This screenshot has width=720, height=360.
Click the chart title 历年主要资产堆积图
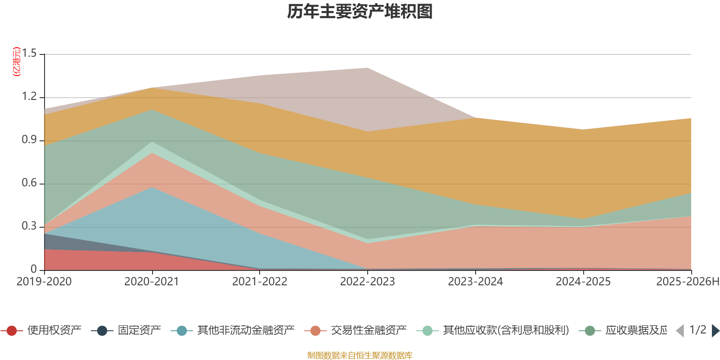coord(360,12)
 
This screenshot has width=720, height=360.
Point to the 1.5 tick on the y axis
coord(30,54)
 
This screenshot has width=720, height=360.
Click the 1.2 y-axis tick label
coord(30,97)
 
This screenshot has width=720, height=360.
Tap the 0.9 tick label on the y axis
coord(30,140)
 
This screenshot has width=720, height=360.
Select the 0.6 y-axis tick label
coord(30,184)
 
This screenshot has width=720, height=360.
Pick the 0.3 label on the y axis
coord(30,226)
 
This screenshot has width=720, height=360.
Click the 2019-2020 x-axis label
coord(44,282)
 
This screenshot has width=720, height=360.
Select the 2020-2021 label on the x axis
coord(152,282)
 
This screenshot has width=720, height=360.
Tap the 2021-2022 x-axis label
coord(260,282)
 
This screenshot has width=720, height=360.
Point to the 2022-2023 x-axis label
coord(367,282)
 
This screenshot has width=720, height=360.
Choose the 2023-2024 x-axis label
coord(475,282)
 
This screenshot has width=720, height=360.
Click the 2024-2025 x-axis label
coord(583,282)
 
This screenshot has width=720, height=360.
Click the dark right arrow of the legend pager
coord(715,331)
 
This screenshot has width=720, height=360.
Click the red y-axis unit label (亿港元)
coord(17,62)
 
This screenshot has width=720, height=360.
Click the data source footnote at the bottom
coord(360,355)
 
